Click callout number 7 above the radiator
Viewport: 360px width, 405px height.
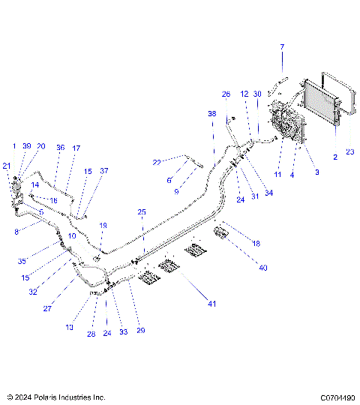[x=283, y=47]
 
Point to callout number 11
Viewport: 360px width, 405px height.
[x=278, y=173]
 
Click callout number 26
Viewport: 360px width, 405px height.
[x=226, y=94]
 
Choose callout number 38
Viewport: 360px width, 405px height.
[x=211, y=112]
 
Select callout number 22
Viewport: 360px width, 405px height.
[x=157, y=162]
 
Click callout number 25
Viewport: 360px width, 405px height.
[x=142, y=213]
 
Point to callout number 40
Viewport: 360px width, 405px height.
[x=262, y=268]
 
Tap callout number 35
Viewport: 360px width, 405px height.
[x=23, y=261]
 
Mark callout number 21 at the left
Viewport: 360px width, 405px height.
[x=6, y=166]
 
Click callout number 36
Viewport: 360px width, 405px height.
[x=60, y=148]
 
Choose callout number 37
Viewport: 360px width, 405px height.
[x=104, y=171]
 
